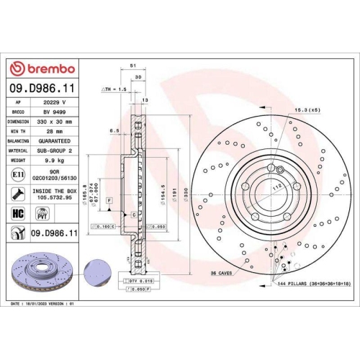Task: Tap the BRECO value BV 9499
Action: (x=55, y=112)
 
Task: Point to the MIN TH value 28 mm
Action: (x=55, y=132)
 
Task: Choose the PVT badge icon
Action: (x=41, y=214)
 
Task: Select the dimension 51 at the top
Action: (x=132, y=65)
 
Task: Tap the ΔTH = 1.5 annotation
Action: (x=115, y=89)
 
